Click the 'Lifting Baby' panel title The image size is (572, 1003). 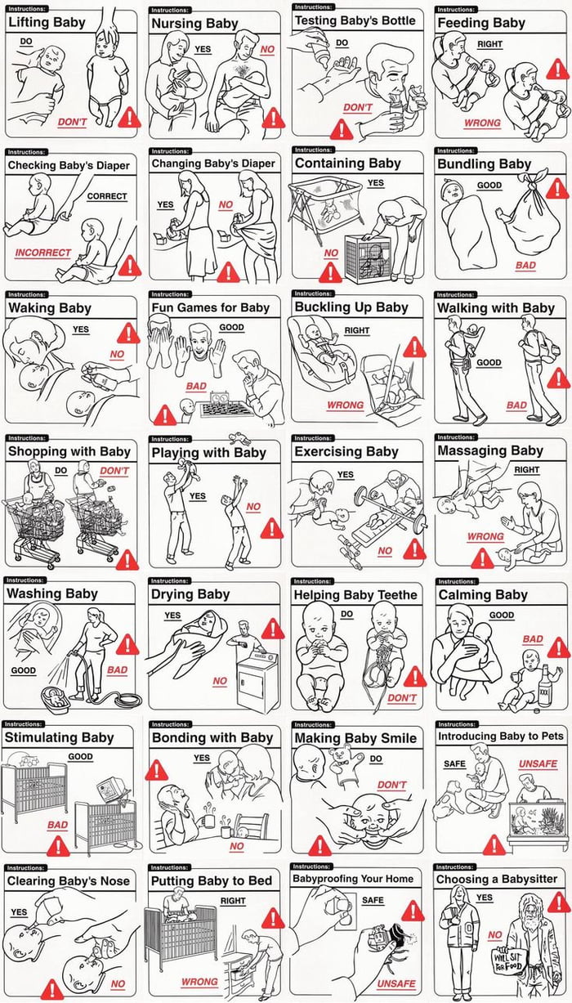[47, 22]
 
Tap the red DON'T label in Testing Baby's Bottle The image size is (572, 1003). [357, 107]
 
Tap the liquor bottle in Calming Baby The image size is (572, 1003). [546, 684]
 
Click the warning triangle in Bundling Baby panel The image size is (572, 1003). [557, 189]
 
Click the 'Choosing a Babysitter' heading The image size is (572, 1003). [497, 880]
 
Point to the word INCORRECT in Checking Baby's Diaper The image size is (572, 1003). [42, 253]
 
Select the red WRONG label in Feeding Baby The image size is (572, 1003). [482, 123]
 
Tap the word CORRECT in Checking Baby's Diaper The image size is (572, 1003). [106, 196]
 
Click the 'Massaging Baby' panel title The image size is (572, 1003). [490, 451]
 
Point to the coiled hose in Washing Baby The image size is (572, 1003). [121, 700]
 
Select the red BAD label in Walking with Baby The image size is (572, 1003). [516, 405]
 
